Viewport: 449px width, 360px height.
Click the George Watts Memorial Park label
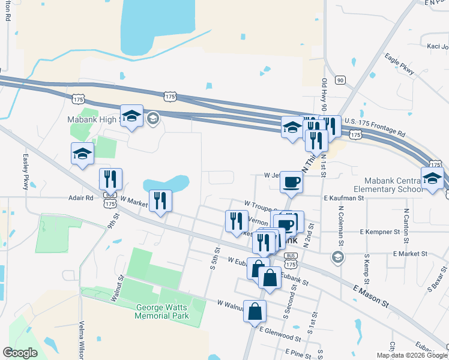[x=161, y=311]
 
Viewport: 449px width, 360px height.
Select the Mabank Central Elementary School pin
[x=432, y=178]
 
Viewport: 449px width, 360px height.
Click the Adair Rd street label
[x=81, y=197]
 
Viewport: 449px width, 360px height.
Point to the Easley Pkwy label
[x=26, y=172]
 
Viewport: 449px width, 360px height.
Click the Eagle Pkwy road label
[x=400, y=64]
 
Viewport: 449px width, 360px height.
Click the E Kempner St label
[x=379, y=231]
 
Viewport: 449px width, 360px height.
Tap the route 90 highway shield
[x=340, y=80]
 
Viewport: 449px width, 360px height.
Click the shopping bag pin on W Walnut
[x=255, y=311]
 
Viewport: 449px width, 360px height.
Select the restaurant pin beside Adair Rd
[x=111, y=179]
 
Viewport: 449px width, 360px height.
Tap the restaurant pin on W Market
[x=160, y=200]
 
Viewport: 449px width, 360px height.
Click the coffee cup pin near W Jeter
[x=291, y=182]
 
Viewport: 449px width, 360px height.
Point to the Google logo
[x=20, y=353]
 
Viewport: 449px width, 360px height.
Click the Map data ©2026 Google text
[x=411, y=355]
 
